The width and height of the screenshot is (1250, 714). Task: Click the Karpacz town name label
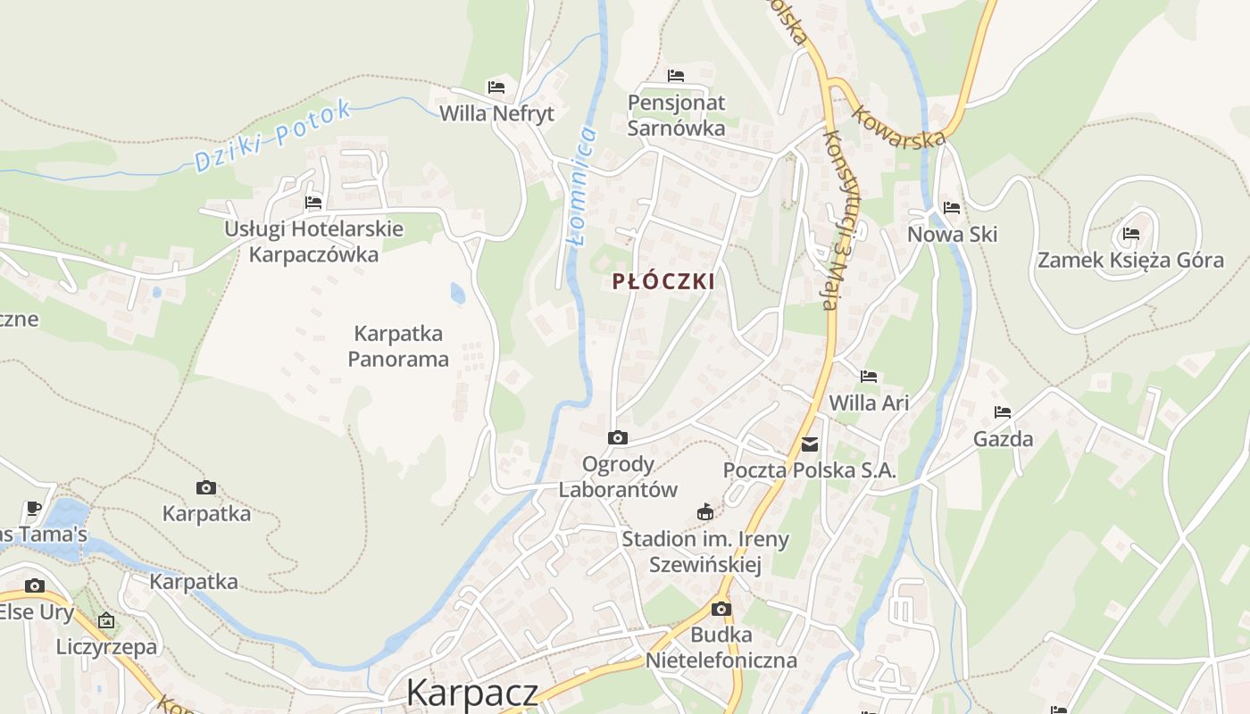[472, 693]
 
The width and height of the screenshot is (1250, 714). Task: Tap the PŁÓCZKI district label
[663, 281]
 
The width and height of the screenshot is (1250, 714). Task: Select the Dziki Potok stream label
[271, 137]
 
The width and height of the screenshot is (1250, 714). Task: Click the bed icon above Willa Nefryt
[496, 87]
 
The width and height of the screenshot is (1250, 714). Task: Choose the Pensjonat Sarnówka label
[676, 115]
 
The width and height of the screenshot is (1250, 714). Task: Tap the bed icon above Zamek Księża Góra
[1131, 234]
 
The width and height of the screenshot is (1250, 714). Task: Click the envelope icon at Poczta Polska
[810, 444]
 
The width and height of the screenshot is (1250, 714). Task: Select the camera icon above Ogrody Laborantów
[617, 437]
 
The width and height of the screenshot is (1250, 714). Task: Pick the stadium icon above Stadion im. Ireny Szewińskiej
[705, 511]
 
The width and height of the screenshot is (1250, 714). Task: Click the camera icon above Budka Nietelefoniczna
[721, 609]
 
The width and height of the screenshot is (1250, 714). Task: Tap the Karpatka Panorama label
[398, 346]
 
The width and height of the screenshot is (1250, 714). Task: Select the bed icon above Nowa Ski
[952, 208]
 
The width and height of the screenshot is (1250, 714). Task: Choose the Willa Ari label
[869, 403]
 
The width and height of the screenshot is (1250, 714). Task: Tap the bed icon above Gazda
[1003, 412]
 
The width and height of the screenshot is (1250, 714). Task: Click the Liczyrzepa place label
[106, 646]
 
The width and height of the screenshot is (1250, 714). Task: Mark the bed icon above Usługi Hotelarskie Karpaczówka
[313, 202]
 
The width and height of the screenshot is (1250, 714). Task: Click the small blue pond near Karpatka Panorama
[457, 293]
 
